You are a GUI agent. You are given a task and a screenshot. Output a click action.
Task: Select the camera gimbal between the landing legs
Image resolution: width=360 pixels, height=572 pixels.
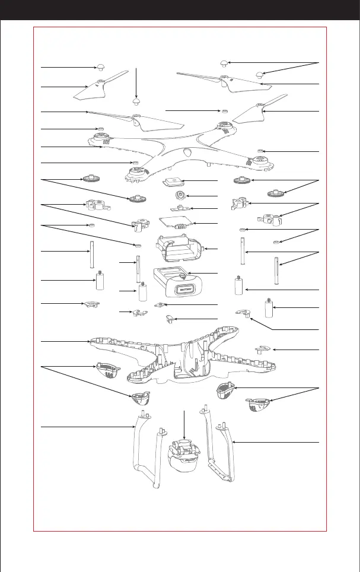[185, 454]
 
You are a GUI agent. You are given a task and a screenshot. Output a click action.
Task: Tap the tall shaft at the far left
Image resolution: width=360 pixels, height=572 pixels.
[93, 255]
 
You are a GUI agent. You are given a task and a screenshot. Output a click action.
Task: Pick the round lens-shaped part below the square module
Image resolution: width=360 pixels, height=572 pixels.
[179, 195]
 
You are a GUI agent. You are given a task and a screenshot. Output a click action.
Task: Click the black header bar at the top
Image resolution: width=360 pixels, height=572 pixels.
[180, 10]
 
